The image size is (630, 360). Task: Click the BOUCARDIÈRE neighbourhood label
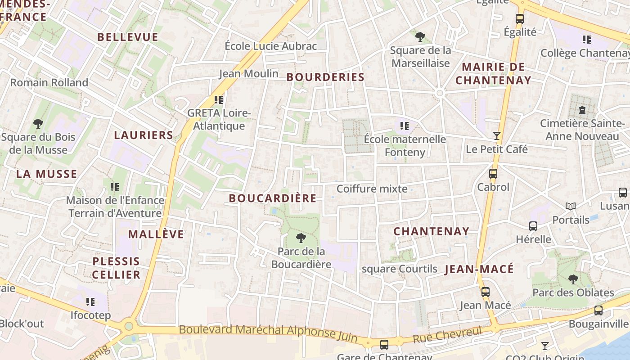click(272, 198)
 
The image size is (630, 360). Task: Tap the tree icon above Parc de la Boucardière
click(301, 238)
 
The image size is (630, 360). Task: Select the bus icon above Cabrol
click(493, 174)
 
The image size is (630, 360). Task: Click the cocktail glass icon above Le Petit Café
click(497, 135)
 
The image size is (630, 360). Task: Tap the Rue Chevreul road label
click(447, 335)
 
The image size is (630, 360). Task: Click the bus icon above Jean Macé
click(485, 292)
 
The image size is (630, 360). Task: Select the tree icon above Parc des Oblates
click(573, 279)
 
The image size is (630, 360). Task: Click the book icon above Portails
click(571, 206)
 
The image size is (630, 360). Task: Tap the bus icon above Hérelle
click(533, 226)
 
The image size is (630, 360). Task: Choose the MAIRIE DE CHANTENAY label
click(493, 74)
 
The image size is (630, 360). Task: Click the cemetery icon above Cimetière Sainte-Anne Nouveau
click(582, 110)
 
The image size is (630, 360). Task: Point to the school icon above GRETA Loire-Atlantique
click(219, 99)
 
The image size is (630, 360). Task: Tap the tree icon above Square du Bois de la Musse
click(38, 123)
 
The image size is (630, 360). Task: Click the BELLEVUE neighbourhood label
click(128, 37)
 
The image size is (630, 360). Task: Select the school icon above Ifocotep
click(90, 301)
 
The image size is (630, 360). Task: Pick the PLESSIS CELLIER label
click(117, 268)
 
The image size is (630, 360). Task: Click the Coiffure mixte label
click(372, 189)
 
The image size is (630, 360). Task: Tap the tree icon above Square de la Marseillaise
click(420, 37)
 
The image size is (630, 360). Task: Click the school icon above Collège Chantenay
click(587, 40)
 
